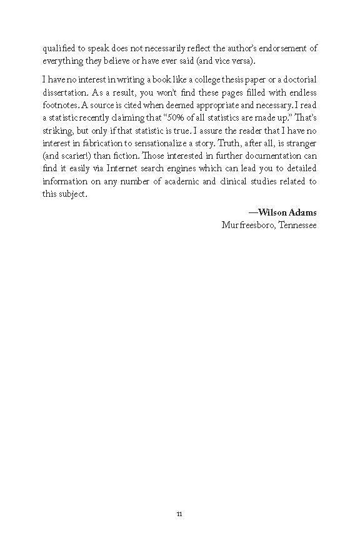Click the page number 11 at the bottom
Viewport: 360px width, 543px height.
[179, 514]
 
